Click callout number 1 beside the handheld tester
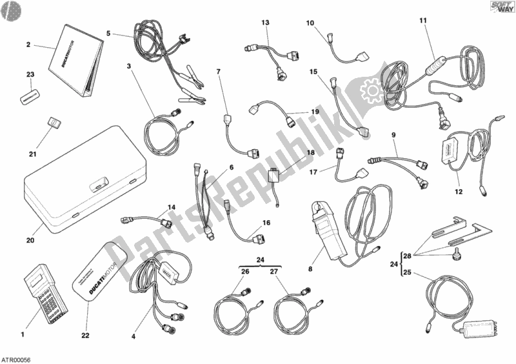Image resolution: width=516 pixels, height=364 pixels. [23, 334]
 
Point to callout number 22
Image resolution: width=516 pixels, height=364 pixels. [85, 334]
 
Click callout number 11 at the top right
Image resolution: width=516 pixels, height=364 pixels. [422, 21]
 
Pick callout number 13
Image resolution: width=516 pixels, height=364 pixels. [264, 23]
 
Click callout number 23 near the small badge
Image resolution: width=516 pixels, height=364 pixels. [30, 76]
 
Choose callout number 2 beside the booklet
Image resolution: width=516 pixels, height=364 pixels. [28, 45]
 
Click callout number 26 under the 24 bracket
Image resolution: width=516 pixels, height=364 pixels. [227, 272]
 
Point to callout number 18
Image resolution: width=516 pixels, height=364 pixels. [310, 153]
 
